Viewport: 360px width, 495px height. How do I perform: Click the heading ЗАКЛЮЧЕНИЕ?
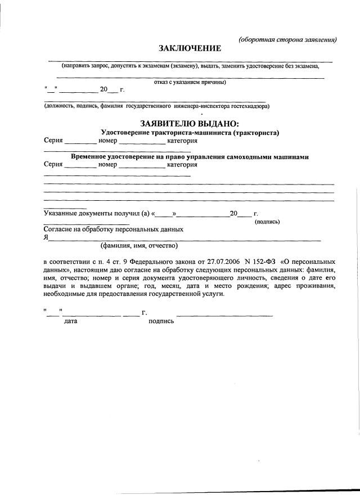click(190, 49)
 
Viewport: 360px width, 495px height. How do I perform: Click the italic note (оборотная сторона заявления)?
click(287, 39)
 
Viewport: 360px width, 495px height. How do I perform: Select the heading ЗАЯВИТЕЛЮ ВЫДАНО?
click(190, 124)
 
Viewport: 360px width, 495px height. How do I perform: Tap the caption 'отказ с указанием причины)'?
click(190, 82)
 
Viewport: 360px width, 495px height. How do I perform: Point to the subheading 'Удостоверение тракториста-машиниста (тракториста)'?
click(190, 133)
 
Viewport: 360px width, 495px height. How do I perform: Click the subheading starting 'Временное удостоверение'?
click(190, 157)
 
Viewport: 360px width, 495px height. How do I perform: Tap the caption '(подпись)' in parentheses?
click(267, 222)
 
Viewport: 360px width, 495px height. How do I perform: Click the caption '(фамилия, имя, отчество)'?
click(139, 246)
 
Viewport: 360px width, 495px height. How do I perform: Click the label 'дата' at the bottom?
click(71, 321)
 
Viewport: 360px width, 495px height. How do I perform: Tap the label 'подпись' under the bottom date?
click(161, 321)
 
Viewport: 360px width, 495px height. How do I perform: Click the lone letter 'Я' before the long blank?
click(46, 238)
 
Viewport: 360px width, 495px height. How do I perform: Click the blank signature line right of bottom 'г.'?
click(225, 313)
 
